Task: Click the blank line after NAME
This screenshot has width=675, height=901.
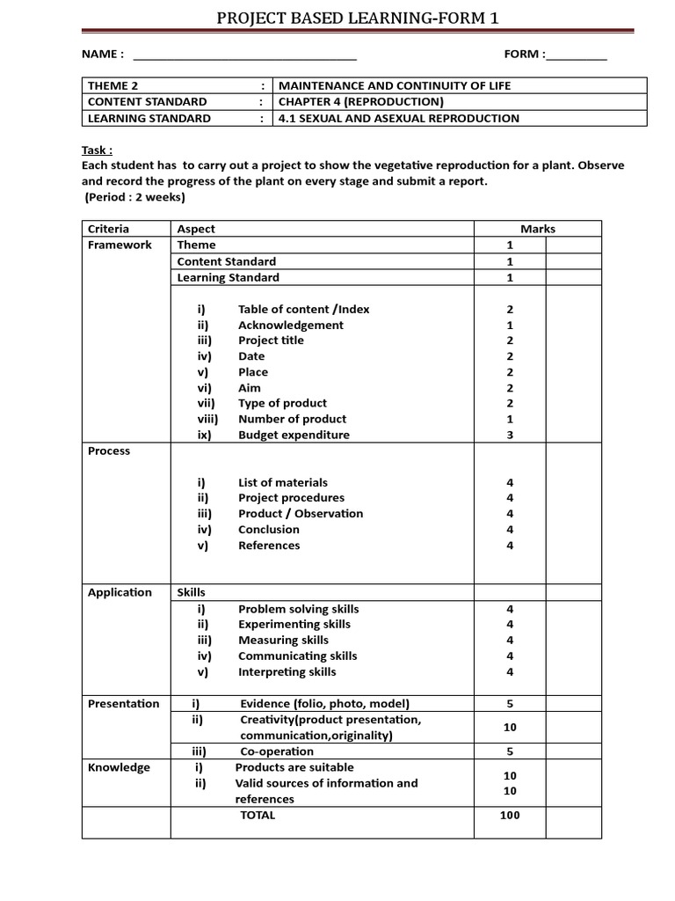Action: pos(243,58)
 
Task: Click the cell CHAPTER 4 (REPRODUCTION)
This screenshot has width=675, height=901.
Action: pos(355,102)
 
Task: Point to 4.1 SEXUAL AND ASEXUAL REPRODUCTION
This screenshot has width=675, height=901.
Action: pos(398,118)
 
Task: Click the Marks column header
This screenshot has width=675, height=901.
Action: pos(538,229)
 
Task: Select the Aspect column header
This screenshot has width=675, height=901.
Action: pos(196,229)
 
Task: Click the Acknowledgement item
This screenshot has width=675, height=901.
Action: pos(291,325)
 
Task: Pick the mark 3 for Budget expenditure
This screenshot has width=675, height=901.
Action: pos(510,436)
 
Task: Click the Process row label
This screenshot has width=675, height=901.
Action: pos(109,450)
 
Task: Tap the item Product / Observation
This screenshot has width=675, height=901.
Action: pos(301,514)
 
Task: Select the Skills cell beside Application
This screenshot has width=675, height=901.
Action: pos(192,592)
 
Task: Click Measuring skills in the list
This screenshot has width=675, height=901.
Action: pos(283,641)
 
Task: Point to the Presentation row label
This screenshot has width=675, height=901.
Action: pos(124,703)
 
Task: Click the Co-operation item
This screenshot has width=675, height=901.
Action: pos(277,751)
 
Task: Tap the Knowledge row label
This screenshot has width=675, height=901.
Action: pos(119,767)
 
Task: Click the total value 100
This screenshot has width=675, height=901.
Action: pos(510,815)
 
